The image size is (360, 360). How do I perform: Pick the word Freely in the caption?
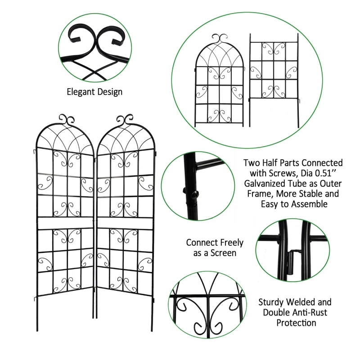click(x=229, y=243)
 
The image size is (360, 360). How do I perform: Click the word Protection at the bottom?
click(x=296, y=323)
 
